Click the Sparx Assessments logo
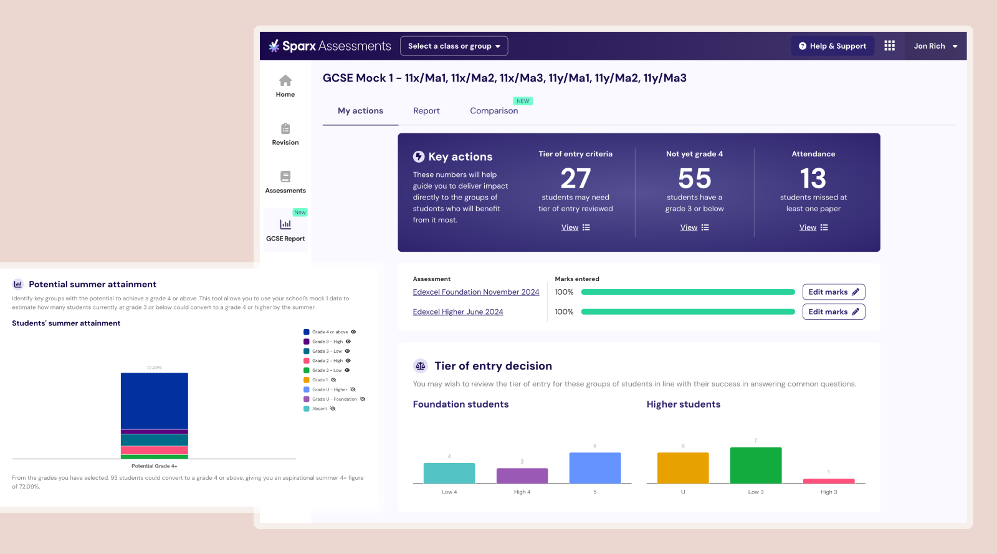point(330,46)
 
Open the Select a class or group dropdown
point(454,46)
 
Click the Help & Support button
point(832,46)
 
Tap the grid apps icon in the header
point(889,46)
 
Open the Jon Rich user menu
point(935,46)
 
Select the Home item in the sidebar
point(285,86)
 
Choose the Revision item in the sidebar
point(285,134)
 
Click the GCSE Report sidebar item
point(285,230)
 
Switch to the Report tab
point(426,111)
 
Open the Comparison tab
point(494,111)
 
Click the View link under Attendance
point(808,227)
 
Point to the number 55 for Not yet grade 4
point(694,179)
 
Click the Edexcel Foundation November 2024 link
point(475,292)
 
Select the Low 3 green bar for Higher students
point(755,465)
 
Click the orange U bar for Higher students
point(683,468)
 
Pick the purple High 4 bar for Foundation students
point(522,475)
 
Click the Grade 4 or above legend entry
point(330,332)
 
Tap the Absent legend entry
point(320,409)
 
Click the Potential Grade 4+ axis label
point(154,466)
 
